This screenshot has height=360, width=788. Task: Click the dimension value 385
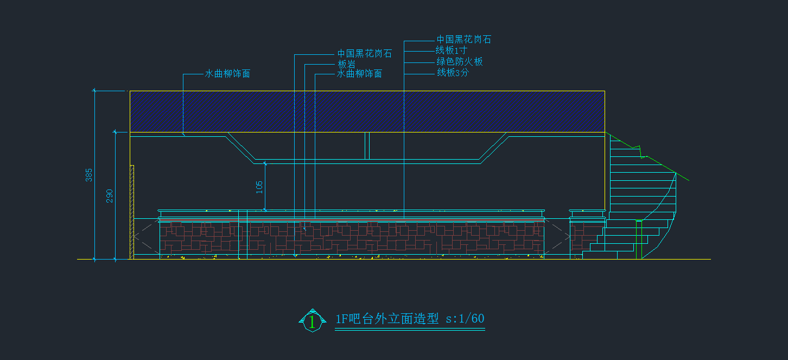(x=90, y=175)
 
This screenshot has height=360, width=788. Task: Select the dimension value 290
(x=110, y=196)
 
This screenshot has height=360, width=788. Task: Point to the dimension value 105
(x=259, y=187)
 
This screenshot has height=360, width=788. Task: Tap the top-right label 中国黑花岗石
(x=464, y=40)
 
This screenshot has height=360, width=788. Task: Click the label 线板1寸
(x=452, y=50)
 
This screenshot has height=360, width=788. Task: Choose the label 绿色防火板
(x=460, y=62)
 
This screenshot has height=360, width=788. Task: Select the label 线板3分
(x=453, y=73)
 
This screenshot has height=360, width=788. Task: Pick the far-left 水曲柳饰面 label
(x=227, y=74)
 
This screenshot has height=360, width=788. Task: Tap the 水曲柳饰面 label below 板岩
(x=359, y=74)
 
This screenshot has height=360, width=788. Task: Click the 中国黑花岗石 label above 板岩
(x=364, y=54)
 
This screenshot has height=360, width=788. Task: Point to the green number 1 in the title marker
(x=312, y=322)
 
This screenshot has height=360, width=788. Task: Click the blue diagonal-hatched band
(x=367, y=111)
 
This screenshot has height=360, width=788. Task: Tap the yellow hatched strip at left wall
(x=132, y=212)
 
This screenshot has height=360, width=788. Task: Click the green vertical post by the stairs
(x=639, y=239)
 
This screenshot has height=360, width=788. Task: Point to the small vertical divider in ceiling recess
(x=367, y=146)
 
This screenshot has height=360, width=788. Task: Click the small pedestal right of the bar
(x=587, y=233)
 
